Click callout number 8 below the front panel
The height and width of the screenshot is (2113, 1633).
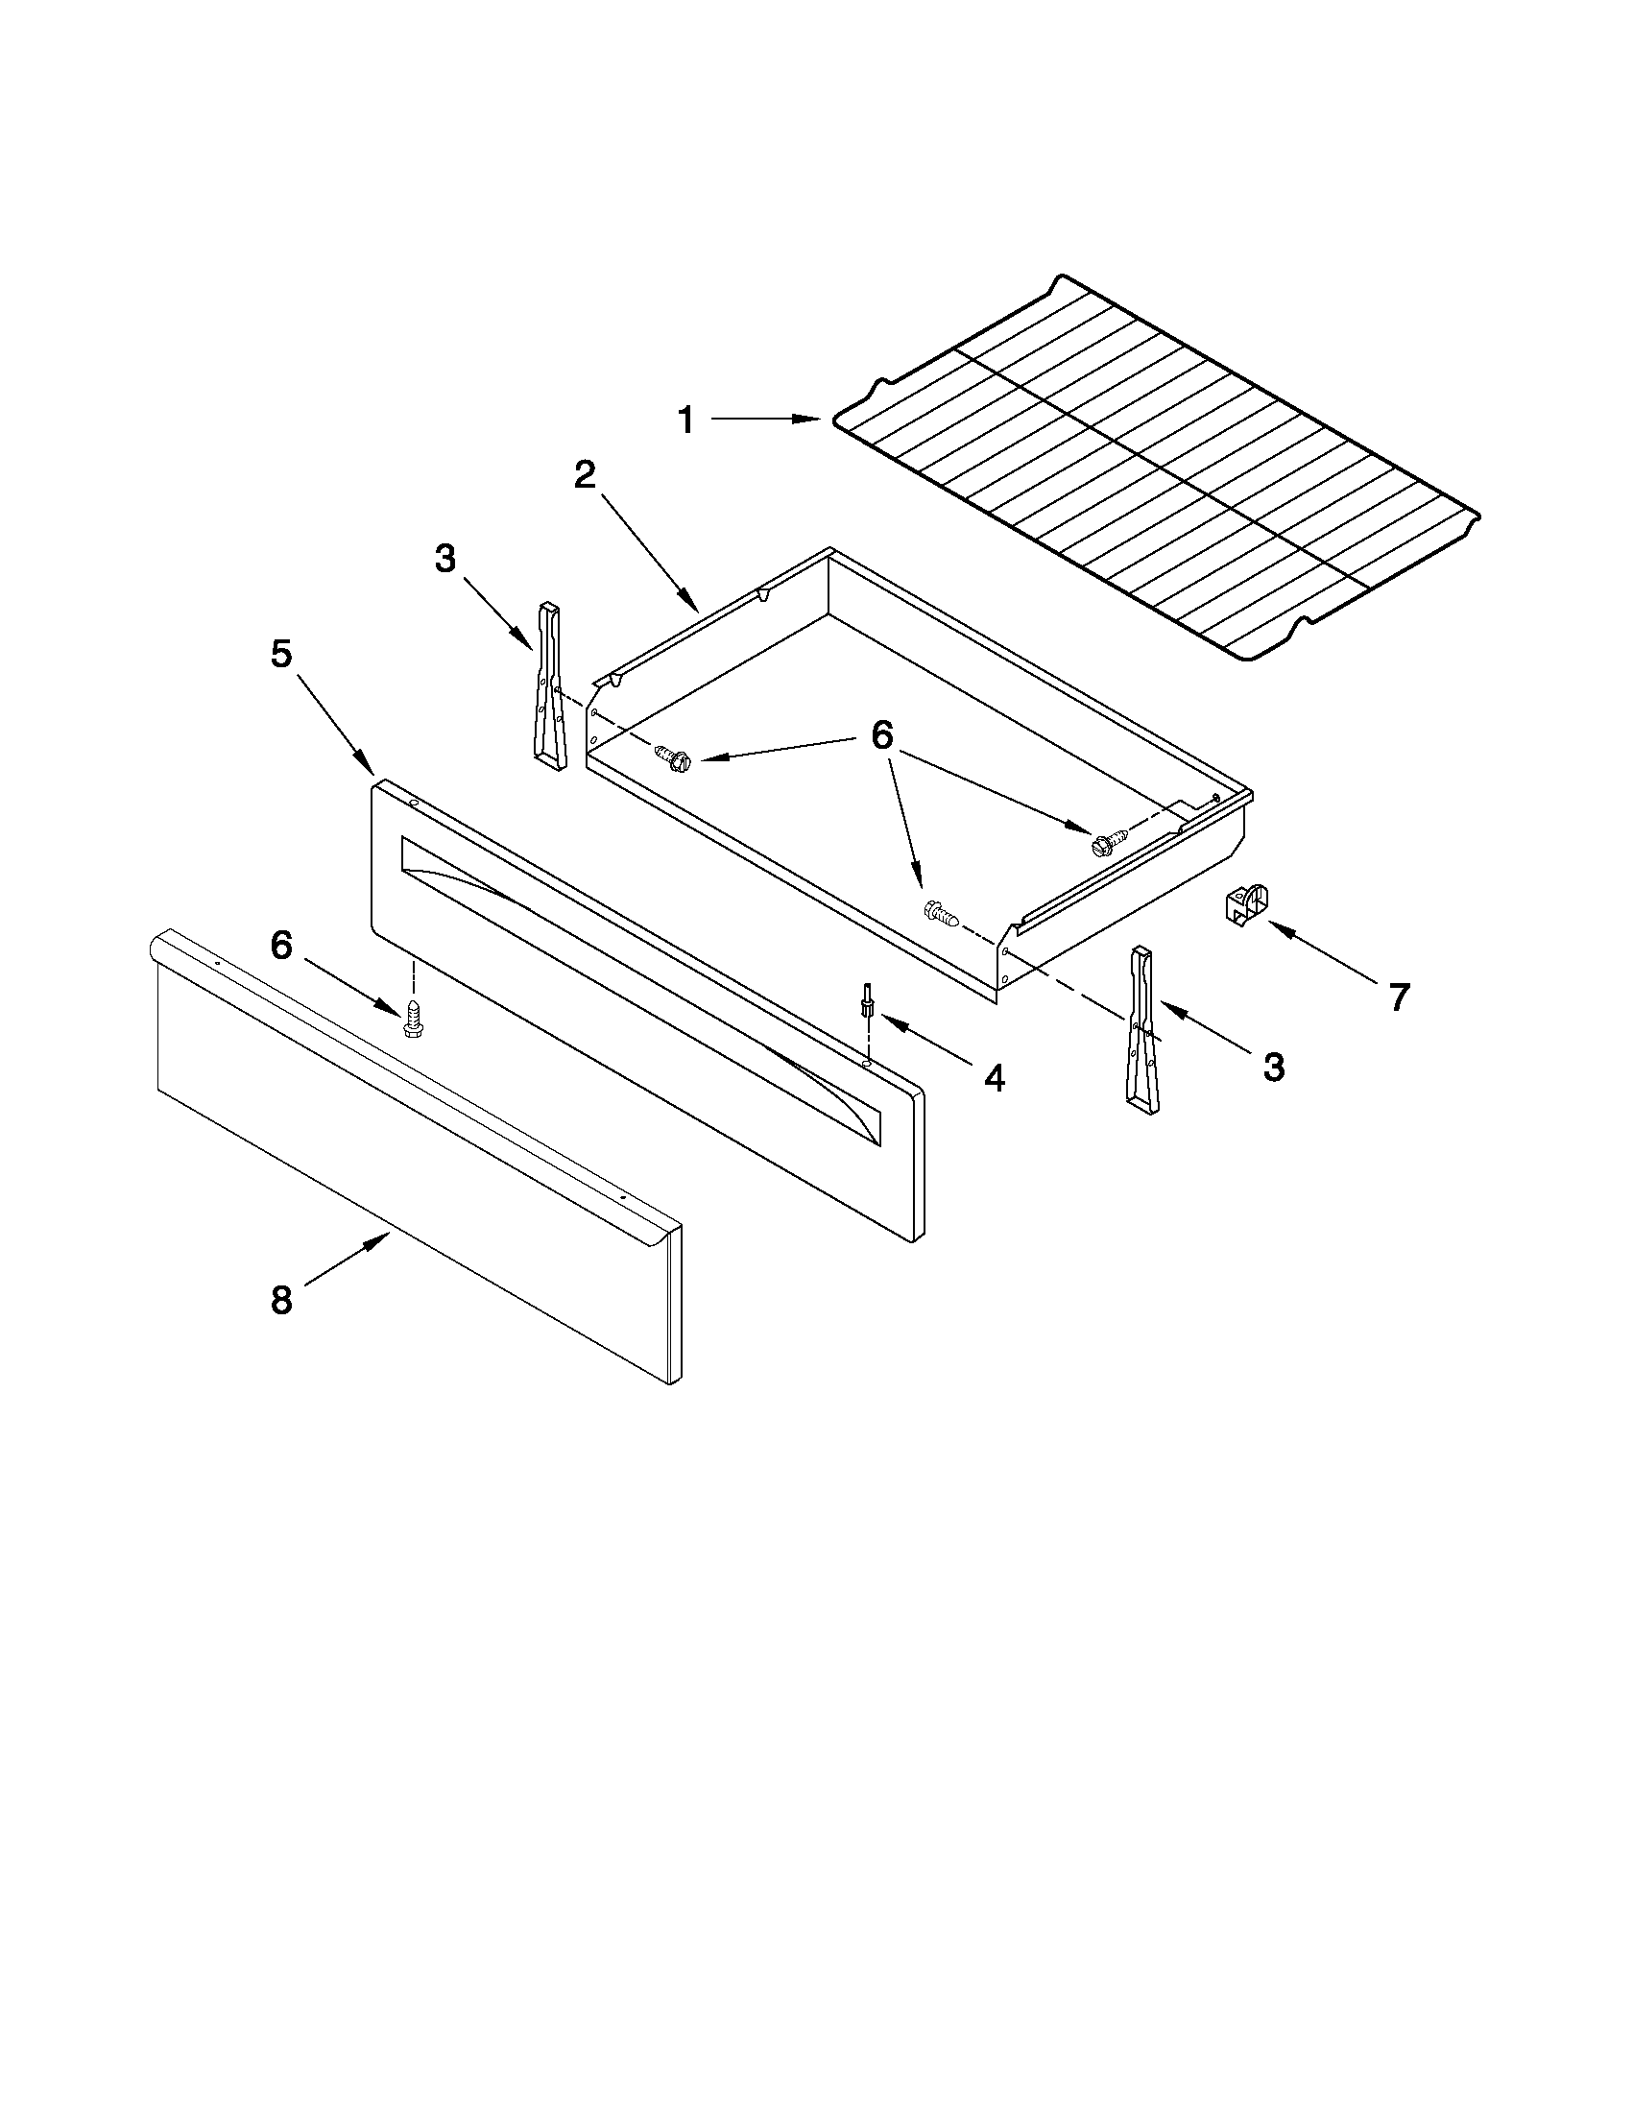(280, 1300)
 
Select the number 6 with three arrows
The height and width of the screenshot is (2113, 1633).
(881, 735)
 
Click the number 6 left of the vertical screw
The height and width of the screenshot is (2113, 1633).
(280, 946)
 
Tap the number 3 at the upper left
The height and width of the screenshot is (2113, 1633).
(444, 558)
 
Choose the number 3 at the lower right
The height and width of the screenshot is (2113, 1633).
(1274, 1068)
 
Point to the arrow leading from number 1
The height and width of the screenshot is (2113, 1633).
(765, 419)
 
